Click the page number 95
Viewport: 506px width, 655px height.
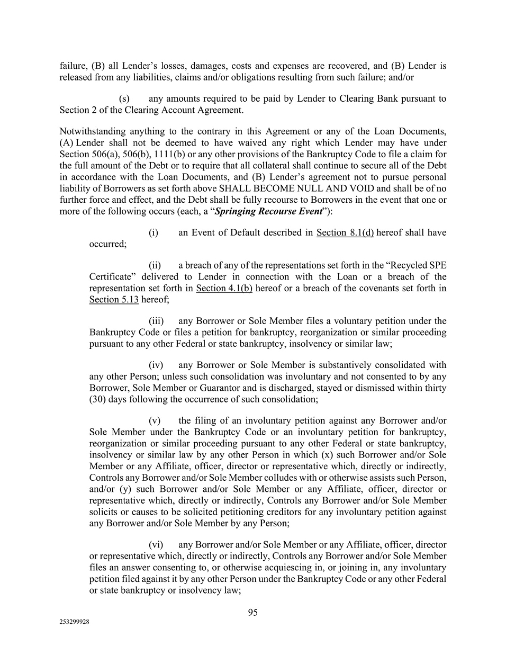point(252,612)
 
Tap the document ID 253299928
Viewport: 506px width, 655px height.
point(74,623)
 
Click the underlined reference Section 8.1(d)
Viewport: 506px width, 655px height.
point(345,232)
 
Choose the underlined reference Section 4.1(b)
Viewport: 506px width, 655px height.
point(224,288)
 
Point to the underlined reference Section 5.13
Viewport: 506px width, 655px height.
point(114,299)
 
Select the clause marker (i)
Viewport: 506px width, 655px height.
point(153,232)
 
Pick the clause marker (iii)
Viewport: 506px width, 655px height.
point(156,321)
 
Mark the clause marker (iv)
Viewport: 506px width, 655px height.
point(156,365)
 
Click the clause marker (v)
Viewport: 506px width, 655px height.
point(155,420)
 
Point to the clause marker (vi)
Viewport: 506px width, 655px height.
point(156,544)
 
